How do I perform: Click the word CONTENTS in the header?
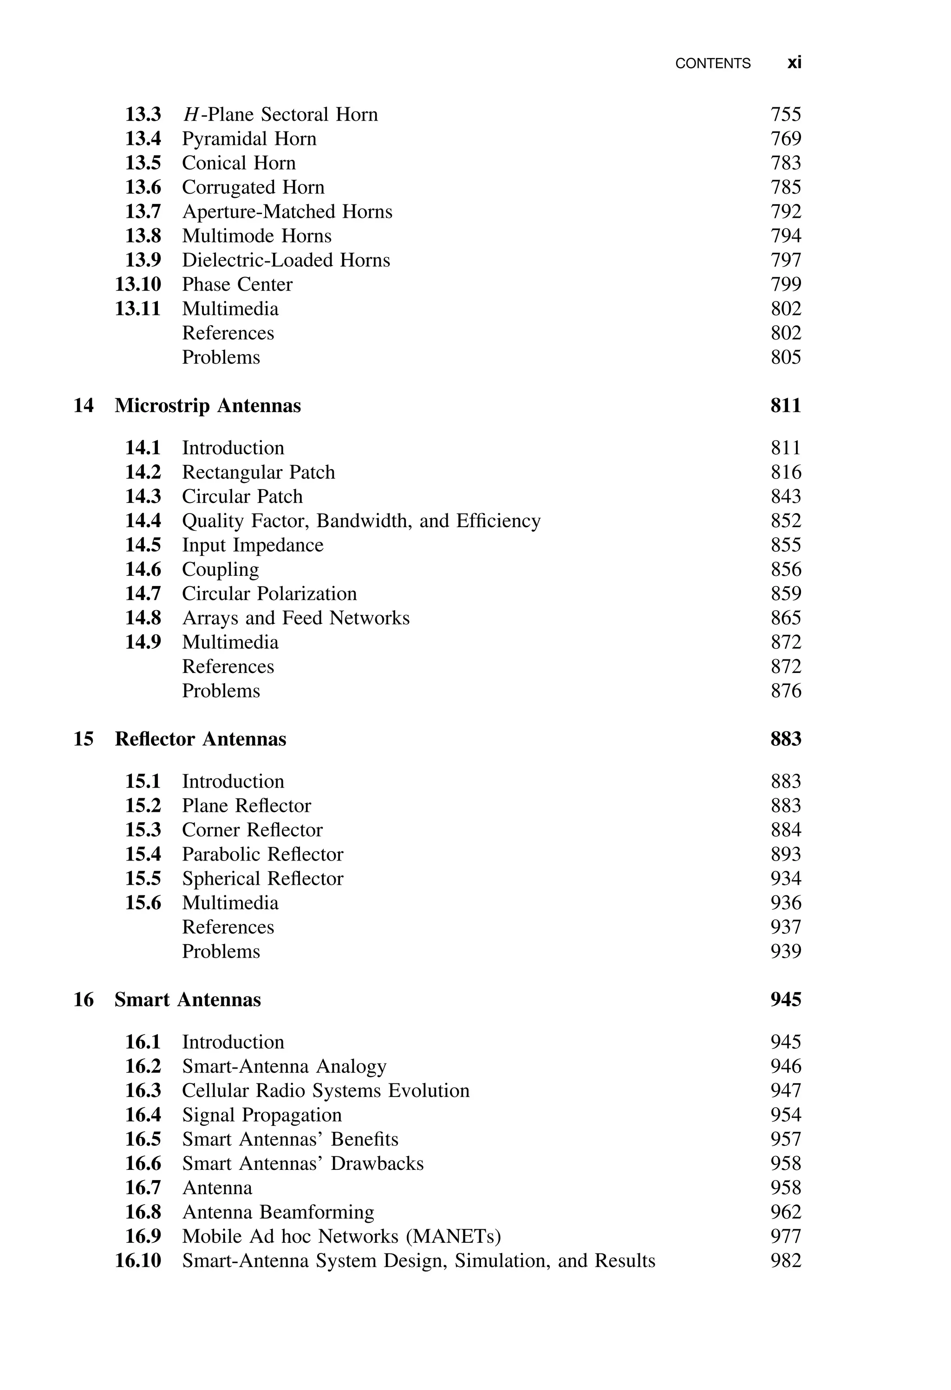[712, 64]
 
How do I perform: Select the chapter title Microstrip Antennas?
[208, 405]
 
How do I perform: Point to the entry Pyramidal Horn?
[249, 139]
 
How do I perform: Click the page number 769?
[785, 139]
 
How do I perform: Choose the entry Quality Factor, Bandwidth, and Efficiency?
[361, 521]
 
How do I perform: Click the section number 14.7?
[143, 594]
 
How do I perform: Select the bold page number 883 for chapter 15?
[785, 739]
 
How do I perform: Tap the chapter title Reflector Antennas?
[200, 739]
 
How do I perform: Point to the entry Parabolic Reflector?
[262, 854]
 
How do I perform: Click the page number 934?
[785, 878]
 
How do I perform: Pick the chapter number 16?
[83, 999]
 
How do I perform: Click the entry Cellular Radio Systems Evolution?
[326, 1090]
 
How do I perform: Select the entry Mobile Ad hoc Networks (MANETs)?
[341, 1236]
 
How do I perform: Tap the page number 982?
[785, 1260]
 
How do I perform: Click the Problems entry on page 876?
[221, 691]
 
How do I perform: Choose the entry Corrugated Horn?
[253, 187]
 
